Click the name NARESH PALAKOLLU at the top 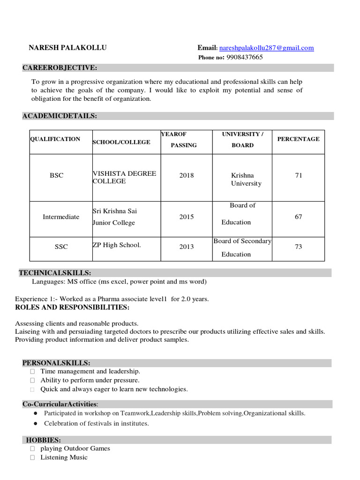(x=67, y=48)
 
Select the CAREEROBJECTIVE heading (x=60, y=68)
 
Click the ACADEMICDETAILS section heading (x=60, y=116)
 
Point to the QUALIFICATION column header (x=55, y=139)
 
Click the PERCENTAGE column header (x=299, y=139)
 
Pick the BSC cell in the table (x=56, y=175)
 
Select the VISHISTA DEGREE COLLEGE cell (x=124, y=177)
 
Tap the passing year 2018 (x=186, y=175)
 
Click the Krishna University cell (x=246, y=179)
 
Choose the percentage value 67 (x=299, y=217)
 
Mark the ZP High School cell (x=117, y=245)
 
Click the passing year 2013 (x=186, y=247)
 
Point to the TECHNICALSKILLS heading (x=55, y=273)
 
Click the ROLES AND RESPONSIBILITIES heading (x=72, y=307)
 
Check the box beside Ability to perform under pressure (x=32, y=381)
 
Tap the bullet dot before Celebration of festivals (x=36, y=423)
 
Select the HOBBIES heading (x=43, y=440)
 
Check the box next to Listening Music (x=32, y=457)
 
